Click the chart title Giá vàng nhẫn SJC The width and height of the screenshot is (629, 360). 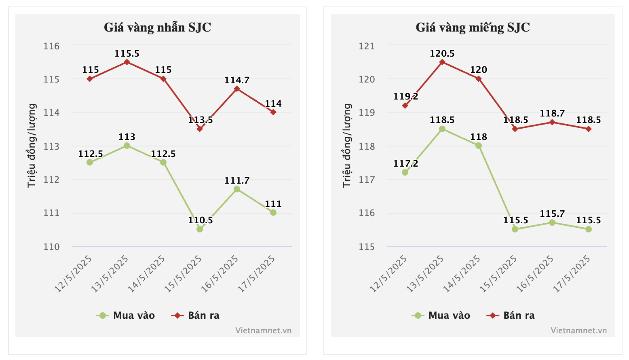[157, 28]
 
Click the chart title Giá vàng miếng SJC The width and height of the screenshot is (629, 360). [473, 28]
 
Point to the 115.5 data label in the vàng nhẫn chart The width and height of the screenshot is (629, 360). [127, 53]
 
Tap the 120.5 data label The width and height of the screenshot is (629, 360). [442, 53]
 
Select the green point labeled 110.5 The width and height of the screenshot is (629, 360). [200, 229]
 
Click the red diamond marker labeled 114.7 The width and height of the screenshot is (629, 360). [237, 89]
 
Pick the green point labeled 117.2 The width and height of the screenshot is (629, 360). [405, 172]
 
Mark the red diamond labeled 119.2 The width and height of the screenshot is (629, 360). [405, 106]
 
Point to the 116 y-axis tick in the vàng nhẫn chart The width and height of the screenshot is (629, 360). [51, 46]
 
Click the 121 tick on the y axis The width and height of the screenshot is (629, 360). [367, 46]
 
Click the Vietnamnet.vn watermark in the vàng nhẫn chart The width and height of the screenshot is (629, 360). [263, 330]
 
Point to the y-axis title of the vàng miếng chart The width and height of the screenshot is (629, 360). [347, 146]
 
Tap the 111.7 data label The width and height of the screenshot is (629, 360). [237, 180]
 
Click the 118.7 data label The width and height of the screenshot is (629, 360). [552, 113]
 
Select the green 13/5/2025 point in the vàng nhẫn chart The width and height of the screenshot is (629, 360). [127, 146]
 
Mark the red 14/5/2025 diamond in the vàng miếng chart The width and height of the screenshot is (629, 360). [479, 79]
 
